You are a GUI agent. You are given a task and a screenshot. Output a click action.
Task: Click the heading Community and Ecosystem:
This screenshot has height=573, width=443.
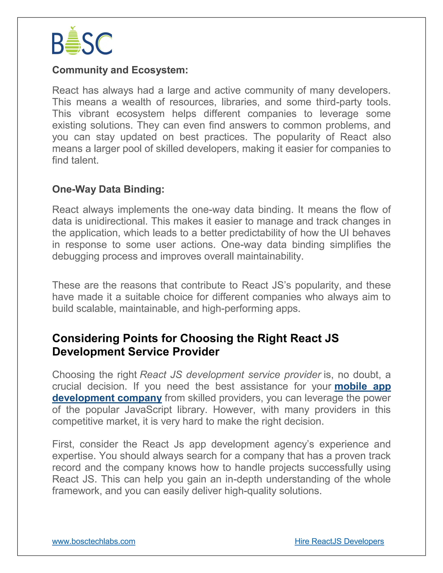click(120, 70)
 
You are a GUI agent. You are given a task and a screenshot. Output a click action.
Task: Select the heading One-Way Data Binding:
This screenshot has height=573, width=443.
click(108, 189)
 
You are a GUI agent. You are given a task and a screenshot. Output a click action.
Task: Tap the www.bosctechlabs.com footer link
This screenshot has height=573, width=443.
click(93, 541)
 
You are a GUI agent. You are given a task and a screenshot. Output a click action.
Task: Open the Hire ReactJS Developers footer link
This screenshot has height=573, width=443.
click(339, 541)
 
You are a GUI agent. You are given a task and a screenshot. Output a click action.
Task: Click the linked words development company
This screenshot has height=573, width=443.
click(107, 398)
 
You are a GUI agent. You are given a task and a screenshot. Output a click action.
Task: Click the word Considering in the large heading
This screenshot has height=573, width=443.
click(86, 338)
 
